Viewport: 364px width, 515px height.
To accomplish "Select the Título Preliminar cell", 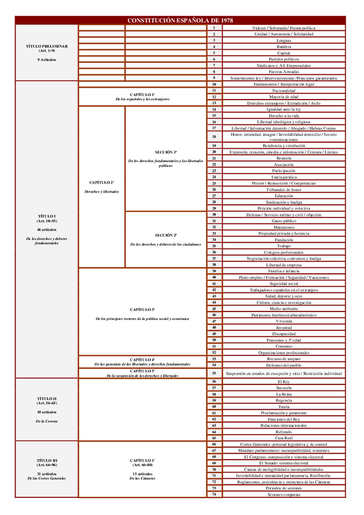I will point(47,46).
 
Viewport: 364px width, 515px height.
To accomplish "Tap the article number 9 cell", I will point(214,78).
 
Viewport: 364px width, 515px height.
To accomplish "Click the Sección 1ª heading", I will point(166,152).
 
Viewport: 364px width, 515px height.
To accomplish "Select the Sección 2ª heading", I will point(166,235).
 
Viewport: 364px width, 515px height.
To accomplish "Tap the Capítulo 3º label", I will point(143,309).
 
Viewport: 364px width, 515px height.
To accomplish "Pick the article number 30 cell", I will point(214,214).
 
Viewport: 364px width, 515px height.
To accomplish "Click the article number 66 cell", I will point(214,445).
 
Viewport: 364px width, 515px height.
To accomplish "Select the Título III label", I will point(47,461).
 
